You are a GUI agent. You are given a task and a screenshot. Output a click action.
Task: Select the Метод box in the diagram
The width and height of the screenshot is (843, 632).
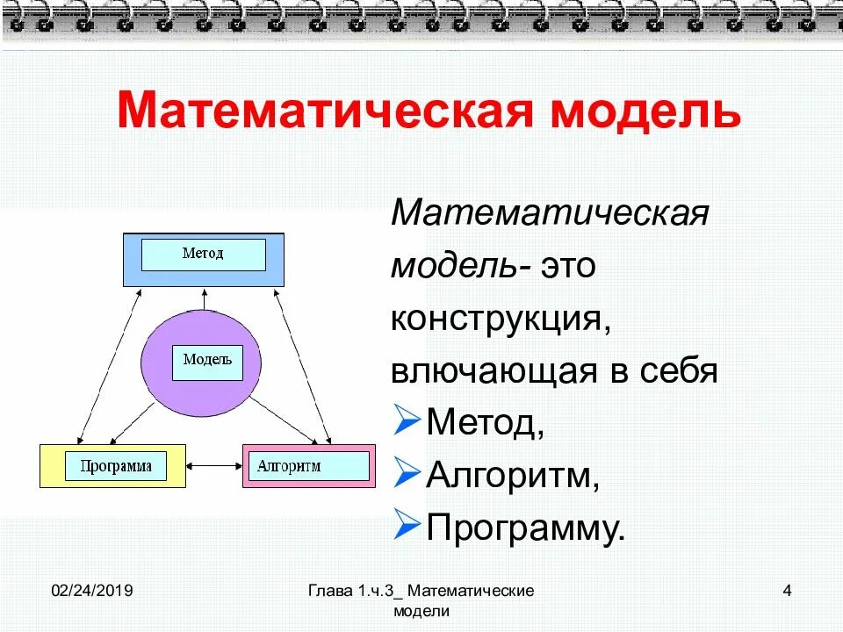tap(203, 255)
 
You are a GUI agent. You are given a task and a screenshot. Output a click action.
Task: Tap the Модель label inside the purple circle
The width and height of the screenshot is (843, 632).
tap(207, 360)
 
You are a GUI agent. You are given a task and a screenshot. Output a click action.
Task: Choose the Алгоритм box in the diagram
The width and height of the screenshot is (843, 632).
tap(307, 466)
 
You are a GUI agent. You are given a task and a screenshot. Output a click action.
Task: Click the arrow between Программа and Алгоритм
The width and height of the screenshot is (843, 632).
tap(213, 466)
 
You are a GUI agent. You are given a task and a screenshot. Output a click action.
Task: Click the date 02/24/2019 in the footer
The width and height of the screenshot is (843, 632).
tap(91, 591)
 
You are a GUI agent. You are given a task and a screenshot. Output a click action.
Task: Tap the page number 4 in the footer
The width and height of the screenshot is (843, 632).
tap(787, 591)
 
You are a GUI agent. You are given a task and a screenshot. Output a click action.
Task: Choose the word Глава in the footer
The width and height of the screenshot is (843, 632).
tap(330, 591)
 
